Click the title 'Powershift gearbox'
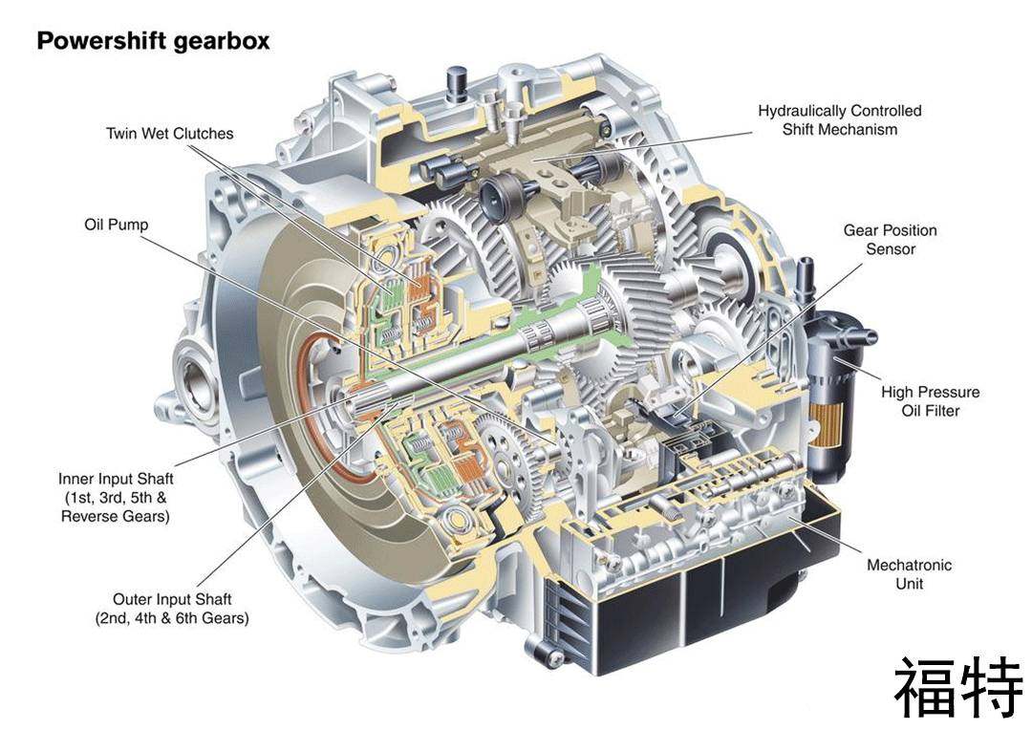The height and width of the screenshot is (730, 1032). click(x=153, y=41)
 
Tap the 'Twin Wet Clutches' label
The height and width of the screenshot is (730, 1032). click(x=170, y=134)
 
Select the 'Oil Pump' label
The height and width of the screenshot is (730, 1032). click(x=117, y=225)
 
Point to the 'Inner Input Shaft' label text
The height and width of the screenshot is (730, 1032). click(x=116, y=479)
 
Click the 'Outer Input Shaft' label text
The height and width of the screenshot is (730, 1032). click(x=172, y=600)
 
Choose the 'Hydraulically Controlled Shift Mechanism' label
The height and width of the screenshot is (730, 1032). click(x=840, y=119)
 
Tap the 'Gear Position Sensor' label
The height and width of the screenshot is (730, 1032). click(x=891, y=240)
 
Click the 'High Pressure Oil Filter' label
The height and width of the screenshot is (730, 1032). click(x=931, y=401)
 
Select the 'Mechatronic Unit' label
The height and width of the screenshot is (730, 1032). click(x=909, y=574)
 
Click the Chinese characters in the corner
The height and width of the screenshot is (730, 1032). click(x=959, y=689)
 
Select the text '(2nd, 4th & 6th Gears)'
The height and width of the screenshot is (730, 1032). click(x=172, y=619)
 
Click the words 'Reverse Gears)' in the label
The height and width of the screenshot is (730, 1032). click(x=116, y=516)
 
